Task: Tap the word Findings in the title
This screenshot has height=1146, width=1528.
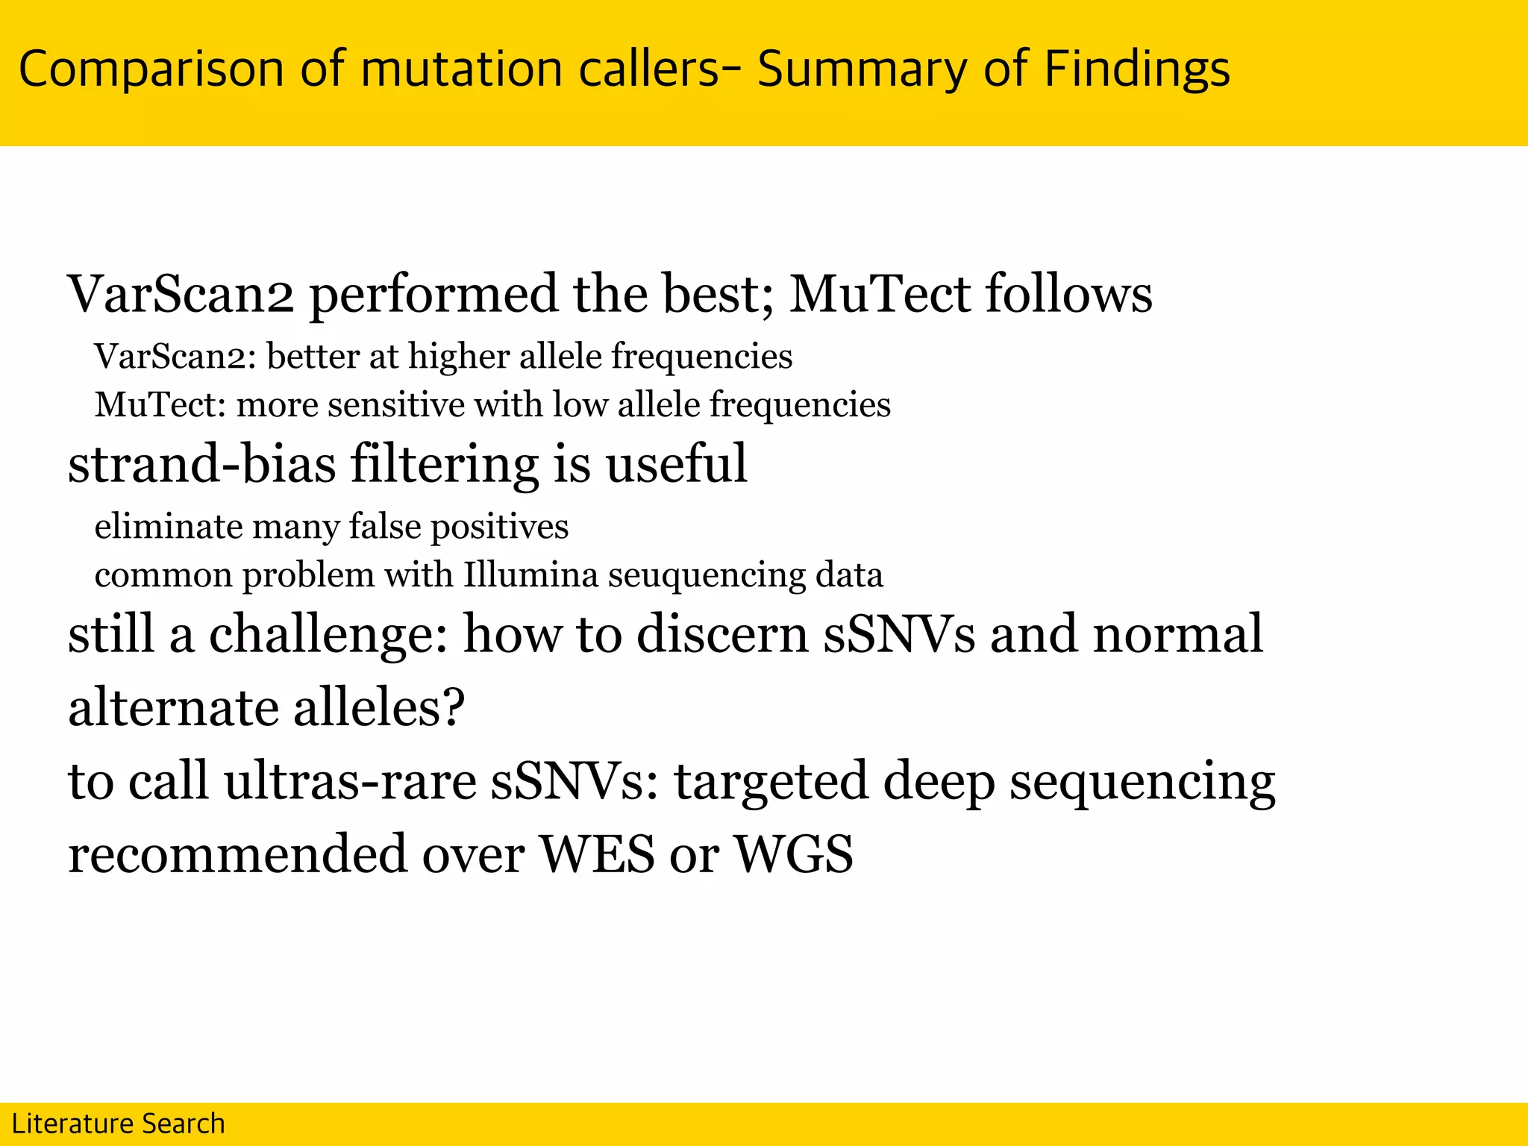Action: (x=1136, y=69)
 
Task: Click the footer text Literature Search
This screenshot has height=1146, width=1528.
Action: (x=118, y=1124)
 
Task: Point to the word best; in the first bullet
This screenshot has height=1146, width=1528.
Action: (x=718, y=293)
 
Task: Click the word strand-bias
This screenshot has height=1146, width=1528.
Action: (x=201, y=463)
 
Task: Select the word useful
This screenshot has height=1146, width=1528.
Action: (x=675, y=463)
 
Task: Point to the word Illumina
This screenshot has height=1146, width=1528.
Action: (x=530, y=575)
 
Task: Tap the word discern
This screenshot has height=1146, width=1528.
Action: (x=722, y=634)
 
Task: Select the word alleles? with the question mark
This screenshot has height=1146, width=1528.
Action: (x=379, y=707)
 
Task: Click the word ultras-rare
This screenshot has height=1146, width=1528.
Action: (x=350, y=781)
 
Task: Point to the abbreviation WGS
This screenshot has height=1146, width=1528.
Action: (x=793, y=854)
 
